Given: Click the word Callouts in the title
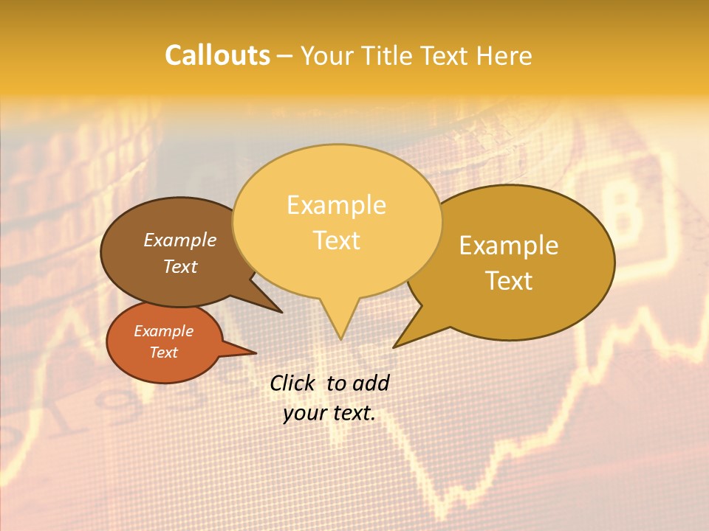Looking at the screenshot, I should (x=217, y=55).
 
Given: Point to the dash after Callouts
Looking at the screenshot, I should (x=286, y=56).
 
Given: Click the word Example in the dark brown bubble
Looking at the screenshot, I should (x=179, y=240).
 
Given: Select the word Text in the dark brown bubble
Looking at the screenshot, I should (x=179, y=266).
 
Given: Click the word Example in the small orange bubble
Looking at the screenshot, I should (x=163, y=331).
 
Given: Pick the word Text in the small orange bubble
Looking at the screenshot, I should (x=163, y=353).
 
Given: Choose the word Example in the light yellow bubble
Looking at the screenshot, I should (x=336, y=205).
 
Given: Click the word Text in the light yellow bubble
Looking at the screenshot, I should (x=336, y=240).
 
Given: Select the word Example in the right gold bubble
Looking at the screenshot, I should (x=509, y=246).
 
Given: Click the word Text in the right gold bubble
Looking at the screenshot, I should (x=509, y=281).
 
